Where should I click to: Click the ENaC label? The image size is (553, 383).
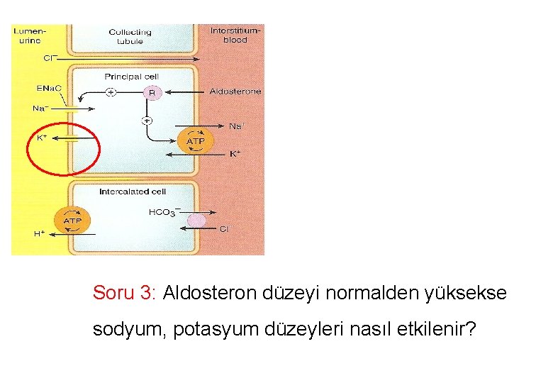(49, 88)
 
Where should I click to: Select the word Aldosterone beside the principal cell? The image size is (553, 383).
(235, 91)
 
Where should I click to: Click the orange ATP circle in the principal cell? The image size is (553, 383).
(195, 142)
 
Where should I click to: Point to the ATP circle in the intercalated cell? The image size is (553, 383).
(73, 221)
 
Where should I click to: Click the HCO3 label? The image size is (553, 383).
(164, 212)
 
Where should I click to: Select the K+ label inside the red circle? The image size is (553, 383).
(42, 138)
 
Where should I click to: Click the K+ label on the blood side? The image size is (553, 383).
(235, 153)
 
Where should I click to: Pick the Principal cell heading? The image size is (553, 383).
(131, 76)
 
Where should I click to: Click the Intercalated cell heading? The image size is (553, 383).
(133, 191)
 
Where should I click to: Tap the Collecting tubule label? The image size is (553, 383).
(130, 36)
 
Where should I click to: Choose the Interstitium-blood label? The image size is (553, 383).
(235, 35)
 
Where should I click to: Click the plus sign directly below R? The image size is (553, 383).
(147, 120)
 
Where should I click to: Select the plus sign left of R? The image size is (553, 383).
(111, 92)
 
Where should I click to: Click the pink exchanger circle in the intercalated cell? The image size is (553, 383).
(196, 221)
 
